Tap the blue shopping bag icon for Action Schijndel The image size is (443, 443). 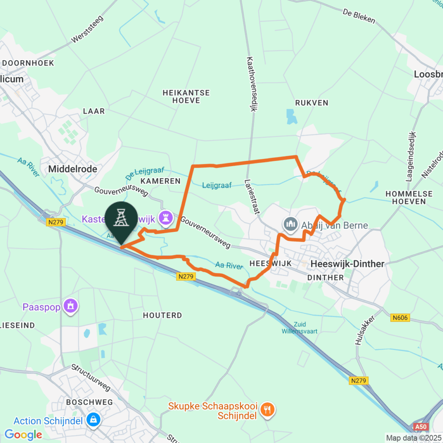[93, 419]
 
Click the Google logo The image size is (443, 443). [23, 434]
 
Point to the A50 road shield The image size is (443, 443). [420, 427]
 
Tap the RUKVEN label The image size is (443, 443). [311, 103]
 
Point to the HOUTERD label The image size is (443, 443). [162, 315]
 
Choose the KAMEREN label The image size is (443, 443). [160, 181]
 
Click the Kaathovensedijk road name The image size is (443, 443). [249, 84]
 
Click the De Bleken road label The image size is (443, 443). [359, 16]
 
